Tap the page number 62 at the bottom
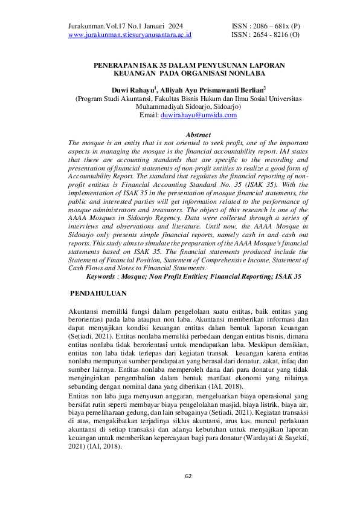click(188, 476)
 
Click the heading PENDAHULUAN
click(98, 293)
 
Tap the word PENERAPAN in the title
click(114, 63)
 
